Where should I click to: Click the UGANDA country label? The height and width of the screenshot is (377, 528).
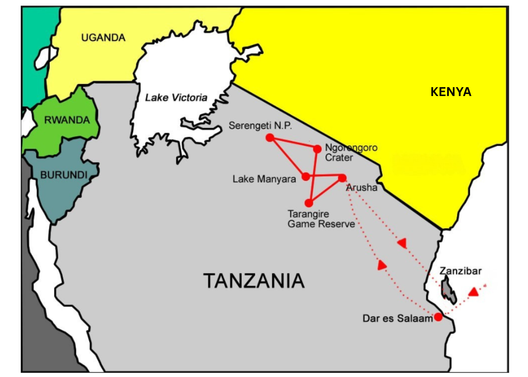pyautogui.click(x=103, y=38)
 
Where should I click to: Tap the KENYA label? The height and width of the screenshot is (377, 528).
pyautogui.click(x=451, y=92)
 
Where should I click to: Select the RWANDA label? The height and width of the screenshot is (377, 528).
pyautogui.click(x=67, y=120)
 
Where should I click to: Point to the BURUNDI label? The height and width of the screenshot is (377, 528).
pyautogui.click(x=64, y=175)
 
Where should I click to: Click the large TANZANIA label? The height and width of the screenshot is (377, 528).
pyautogui.click(x=254, y=281)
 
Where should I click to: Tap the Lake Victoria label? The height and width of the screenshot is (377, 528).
pyautogui.click(x=176, y=98)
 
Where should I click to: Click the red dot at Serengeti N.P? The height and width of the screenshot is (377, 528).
pyautogui.click(x=270, y=137)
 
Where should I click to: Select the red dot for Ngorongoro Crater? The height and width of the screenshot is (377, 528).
pyautogui.click(x=317, y=149)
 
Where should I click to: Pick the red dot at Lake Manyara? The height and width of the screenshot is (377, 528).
pyautogui.click(x=306, y=176)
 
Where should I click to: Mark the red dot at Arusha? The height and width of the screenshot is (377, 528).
pyautogui.click(x=342, y=178)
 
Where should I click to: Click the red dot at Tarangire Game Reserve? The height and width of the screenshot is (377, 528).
pyautogui.click(x=309, y=203)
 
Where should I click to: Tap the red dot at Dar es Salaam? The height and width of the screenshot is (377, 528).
pyautogui.click(x=438, y=317)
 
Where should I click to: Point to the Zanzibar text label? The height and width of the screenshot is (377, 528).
pyautogui.click(x=460, y=271)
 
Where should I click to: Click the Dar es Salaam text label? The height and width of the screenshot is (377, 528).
pyautogui.click(x=398, y=318)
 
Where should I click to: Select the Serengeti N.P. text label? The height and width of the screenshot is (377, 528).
pyautogui.click(x=260, y=126)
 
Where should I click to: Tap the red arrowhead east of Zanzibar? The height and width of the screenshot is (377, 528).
pyautogui.click(x=474, y=292)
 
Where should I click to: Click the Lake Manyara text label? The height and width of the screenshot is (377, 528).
pyautogui.click(x=264, y=179)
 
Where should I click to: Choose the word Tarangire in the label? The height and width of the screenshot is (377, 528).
pyautogui.click(x=308, y=214)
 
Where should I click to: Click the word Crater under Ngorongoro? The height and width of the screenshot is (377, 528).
pyautogui.click(x=339, y=158)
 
